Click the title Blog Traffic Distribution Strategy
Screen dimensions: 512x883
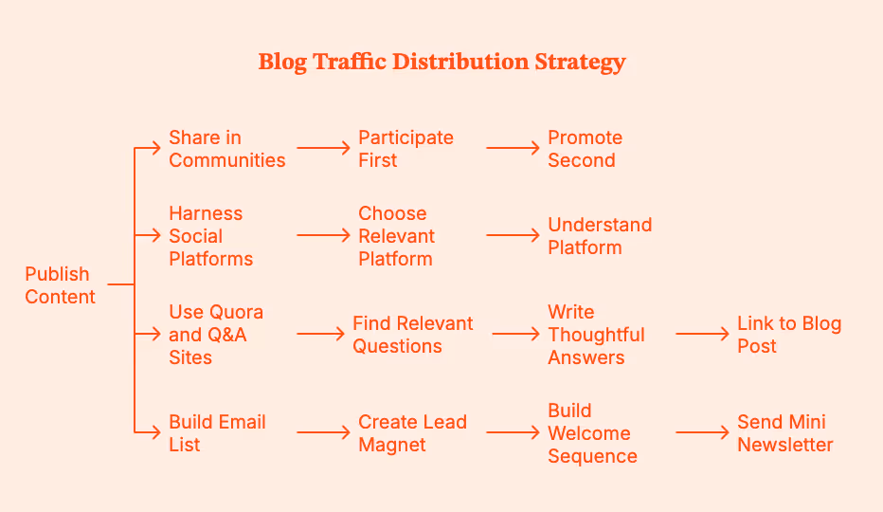(441, 63)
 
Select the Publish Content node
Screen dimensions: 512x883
(60, 285)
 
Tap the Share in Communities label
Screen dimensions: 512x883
(226, 149)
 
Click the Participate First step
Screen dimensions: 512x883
(405, 149)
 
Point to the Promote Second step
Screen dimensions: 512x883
(585, 149)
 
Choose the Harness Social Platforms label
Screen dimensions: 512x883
(210, 236)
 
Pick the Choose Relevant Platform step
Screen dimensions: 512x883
(396, 236)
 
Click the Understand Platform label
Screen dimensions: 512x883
(600, 236)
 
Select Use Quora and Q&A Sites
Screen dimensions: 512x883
(216, 335)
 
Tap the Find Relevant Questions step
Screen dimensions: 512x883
(412, 335)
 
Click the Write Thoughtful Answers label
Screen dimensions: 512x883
(596, 335)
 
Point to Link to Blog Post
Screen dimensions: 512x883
(789, 335)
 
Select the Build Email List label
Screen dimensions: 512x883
(217, 433)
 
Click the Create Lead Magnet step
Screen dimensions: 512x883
(412, 433)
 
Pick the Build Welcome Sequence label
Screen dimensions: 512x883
(592, 433)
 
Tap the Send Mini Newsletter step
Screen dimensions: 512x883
(785, 433)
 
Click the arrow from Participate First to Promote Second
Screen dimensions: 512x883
(513, 148)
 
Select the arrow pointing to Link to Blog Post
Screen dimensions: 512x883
(702, 334)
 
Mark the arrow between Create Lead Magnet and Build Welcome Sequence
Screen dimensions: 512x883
(513, 432)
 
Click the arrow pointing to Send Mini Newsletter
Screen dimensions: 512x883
(702, 432)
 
